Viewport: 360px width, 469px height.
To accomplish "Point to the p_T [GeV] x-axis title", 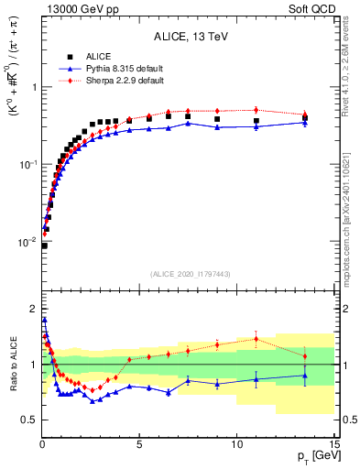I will point(314,456).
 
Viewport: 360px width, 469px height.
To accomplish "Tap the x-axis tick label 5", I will point(139,443).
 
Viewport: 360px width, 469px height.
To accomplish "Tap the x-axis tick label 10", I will point(236,443).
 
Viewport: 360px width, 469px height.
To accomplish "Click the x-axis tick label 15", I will point(333,443).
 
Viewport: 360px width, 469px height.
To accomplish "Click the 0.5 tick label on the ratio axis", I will point(28,420).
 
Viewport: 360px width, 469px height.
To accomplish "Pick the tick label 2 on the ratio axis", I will point(32,308).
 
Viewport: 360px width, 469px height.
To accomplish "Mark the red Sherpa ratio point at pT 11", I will point(256,339).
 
